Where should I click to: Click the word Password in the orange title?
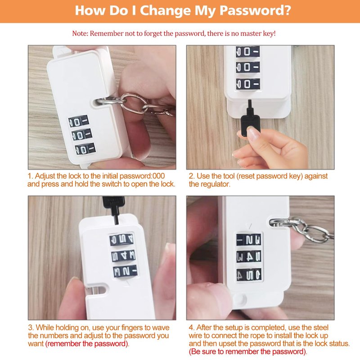tap(255, 10)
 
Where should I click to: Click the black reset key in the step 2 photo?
tap(251, 117)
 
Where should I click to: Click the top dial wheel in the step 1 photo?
tap(79, 121)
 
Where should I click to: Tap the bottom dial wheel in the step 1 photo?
tap(85, 148)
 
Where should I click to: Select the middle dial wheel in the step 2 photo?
tap(248, 67)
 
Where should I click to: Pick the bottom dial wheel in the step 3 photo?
tap(126, 271)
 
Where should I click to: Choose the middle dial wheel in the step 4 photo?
tap(249, 256)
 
